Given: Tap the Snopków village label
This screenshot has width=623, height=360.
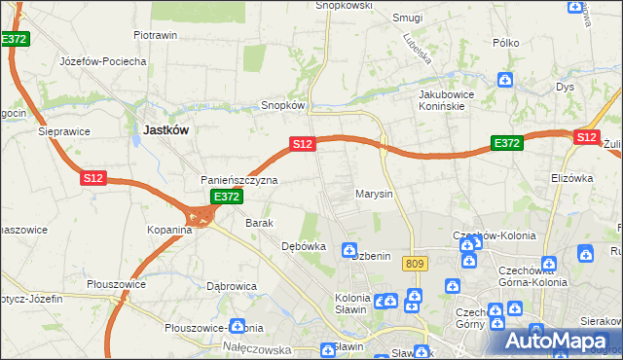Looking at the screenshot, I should coord(283,105).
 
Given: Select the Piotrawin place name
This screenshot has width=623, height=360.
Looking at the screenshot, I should coord(155,35).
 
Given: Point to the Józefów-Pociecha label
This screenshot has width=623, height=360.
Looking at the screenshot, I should coord(102,61).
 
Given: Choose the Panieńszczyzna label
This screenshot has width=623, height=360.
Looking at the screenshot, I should coord(239,181).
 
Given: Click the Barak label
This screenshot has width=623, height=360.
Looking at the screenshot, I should coord(259,223).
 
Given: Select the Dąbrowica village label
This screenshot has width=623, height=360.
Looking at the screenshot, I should coord(231,286).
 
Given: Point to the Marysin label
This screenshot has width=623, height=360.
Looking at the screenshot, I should coord(374,194).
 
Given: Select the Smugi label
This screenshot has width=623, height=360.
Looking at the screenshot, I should coord(406,18).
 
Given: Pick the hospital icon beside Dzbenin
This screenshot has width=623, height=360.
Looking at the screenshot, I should coord(349,251).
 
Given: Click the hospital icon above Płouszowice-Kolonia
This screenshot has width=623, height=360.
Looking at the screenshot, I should coord(237,327).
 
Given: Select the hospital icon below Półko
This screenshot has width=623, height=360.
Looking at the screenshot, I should coord(505,80).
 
